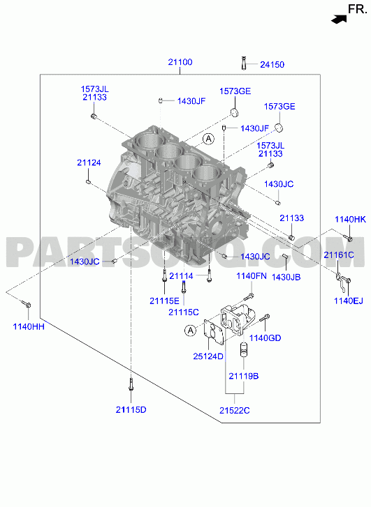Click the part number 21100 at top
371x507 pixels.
(180, 62)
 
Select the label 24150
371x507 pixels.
(272, 65)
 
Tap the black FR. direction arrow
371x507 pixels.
(339, 20)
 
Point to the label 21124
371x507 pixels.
(89, 162)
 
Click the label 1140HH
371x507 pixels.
(29, 326)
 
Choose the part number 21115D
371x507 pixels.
(131, 410)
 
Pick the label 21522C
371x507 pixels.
(235, 411)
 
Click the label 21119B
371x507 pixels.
(244, 377)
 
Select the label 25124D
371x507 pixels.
(208, 356)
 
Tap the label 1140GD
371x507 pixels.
(265, 338)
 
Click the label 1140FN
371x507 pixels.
(252, 276)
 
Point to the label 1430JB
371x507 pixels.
(286, 277)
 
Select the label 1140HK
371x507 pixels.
(350, 220)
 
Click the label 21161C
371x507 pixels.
(339, 255)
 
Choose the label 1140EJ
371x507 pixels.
(349, 301)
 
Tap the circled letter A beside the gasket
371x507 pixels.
(191, 331)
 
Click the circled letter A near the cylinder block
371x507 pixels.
(209, 139)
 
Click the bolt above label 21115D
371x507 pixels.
(131, 384)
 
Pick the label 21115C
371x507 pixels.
(184, 312)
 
